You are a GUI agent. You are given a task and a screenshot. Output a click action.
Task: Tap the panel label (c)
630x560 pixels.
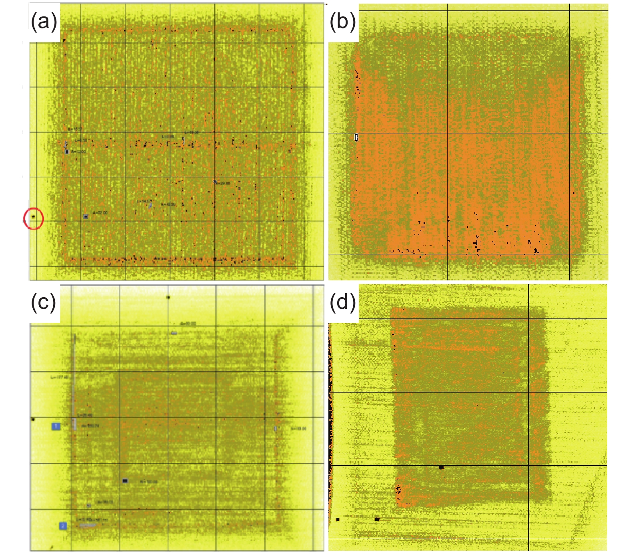(44, 303)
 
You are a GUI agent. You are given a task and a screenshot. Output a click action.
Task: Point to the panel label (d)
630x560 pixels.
(342, 303)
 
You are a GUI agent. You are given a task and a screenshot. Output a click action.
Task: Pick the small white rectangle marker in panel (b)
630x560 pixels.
(356, 137)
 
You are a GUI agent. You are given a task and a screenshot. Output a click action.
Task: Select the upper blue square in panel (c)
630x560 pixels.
(56, 426)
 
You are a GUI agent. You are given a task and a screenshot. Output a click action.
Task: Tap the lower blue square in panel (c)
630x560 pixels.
(63, 526)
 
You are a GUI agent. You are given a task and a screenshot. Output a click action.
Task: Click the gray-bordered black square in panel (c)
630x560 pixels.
(125, 481)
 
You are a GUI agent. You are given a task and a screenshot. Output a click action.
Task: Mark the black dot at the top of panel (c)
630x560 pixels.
(168, 297)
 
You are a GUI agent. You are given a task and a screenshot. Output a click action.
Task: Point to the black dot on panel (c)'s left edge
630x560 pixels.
(33, 419)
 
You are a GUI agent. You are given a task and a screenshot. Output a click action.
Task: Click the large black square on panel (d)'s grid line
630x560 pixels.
(441, 467)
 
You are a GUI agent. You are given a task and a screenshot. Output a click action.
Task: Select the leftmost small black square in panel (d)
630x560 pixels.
(338, 519)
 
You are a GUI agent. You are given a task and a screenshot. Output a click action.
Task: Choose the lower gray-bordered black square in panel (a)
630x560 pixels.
(86, 217)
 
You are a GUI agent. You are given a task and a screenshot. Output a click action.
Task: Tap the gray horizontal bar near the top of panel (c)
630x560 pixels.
(174, 333)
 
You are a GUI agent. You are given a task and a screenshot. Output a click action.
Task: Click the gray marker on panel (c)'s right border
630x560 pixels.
(276, 429)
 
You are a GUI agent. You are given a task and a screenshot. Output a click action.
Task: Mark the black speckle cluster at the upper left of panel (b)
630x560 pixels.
(358, 82)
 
